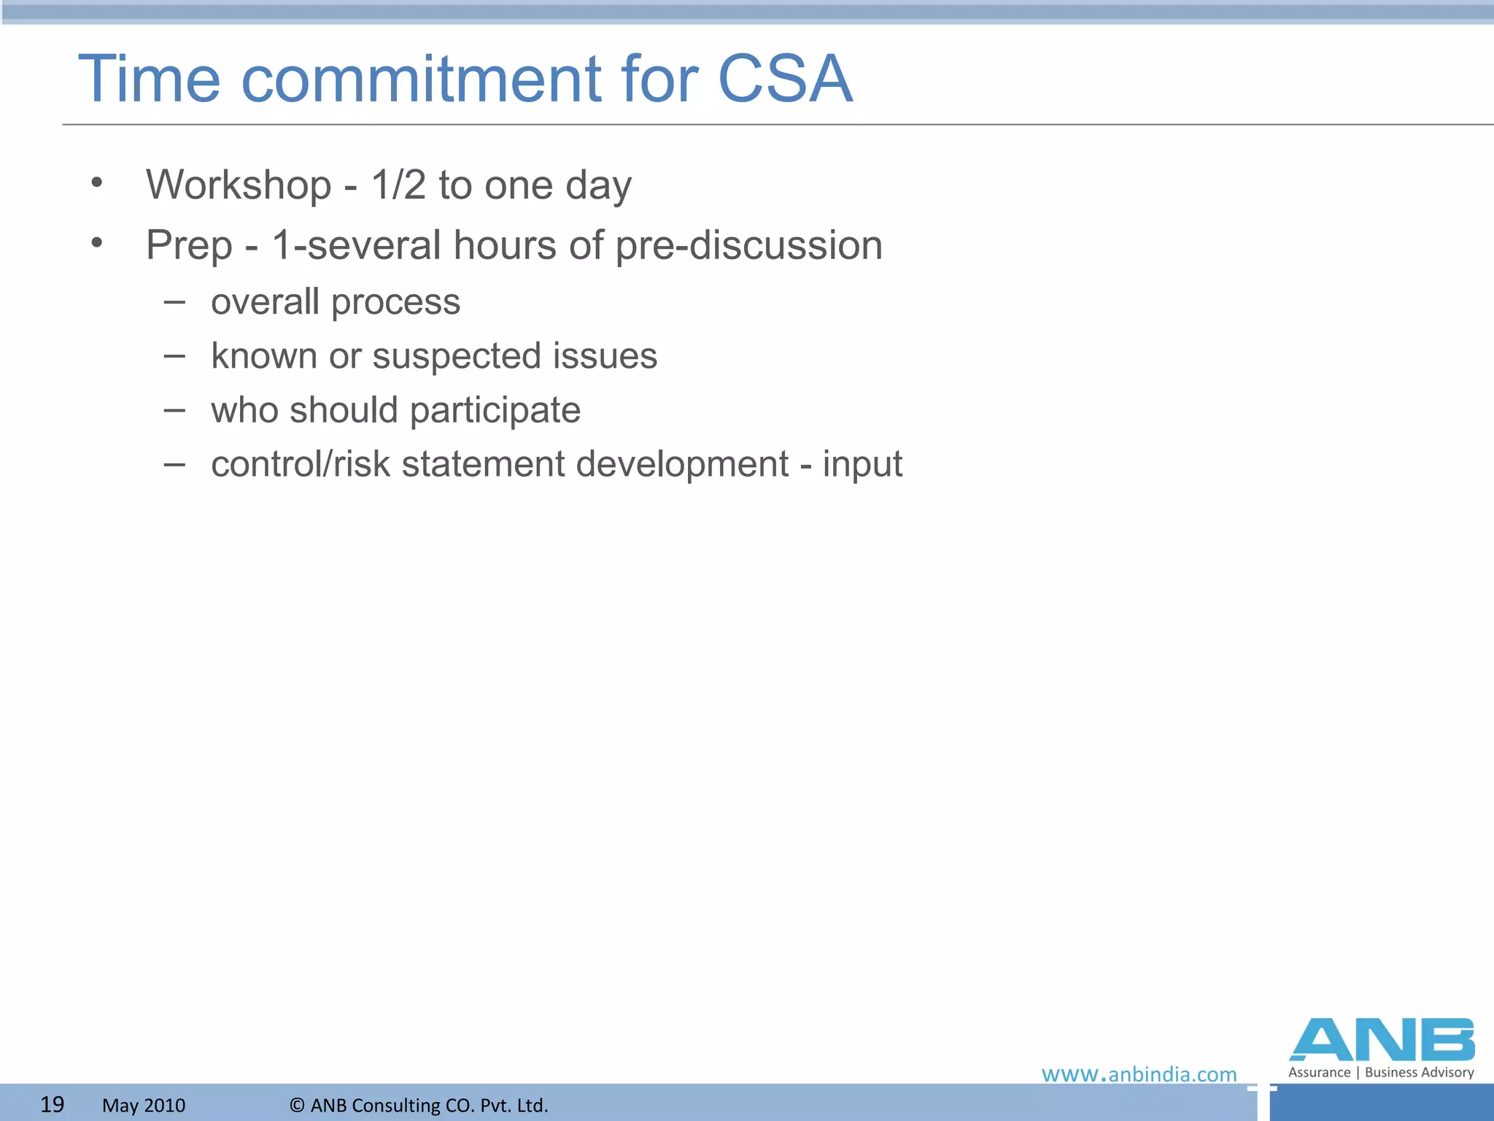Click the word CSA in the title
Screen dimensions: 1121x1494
785,79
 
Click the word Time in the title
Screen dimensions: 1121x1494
149,79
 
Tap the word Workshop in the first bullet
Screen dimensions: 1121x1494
239,185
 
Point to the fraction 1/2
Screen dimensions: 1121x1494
398,185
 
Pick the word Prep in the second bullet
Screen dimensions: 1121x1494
189,246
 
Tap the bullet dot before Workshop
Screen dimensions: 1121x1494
97,184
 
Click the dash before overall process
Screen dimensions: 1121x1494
174,301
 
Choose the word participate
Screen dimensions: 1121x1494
495,411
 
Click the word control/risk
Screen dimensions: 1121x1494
301,464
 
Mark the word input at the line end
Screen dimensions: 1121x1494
862,465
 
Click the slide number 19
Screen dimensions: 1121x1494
52,1104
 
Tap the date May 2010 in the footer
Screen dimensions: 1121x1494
144,1105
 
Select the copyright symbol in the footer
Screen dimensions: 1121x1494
297,1105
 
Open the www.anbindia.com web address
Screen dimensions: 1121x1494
1139,1074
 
